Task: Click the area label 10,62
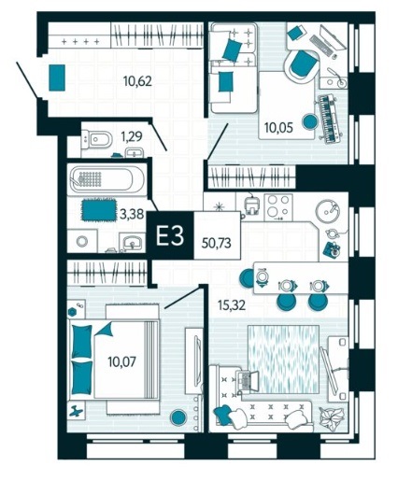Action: (x=137, y=81)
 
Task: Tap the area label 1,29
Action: (x=132, y=136)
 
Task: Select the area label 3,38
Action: (x=133, y=214)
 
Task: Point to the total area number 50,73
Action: (x=216, y=243)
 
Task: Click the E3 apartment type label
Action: (x=170, y=235)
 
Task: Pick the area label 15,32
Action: (x=232, y=305)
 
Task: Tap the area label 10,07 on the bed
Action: (x=121, y=361)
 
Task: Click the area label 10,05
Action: (x=278, y=127)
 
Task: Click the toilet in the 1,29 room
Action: (x=96, y=139)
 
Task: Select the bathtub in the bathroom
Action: (x=107, y=179)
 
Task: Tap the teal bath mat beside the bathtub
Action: (x=99, y=209)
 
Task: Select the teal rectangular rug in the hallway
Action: (x=57, y=78)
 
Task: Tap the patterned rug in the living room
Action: (x=283, y=359)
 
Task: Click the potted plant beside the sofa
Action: (x=333, y=418)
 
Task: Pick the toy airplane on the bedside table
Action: (x=77, y=412)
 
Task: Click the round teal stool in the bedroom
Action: (x=178, y=417)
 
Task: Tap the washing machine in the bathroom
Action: (x=82, y=241)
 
